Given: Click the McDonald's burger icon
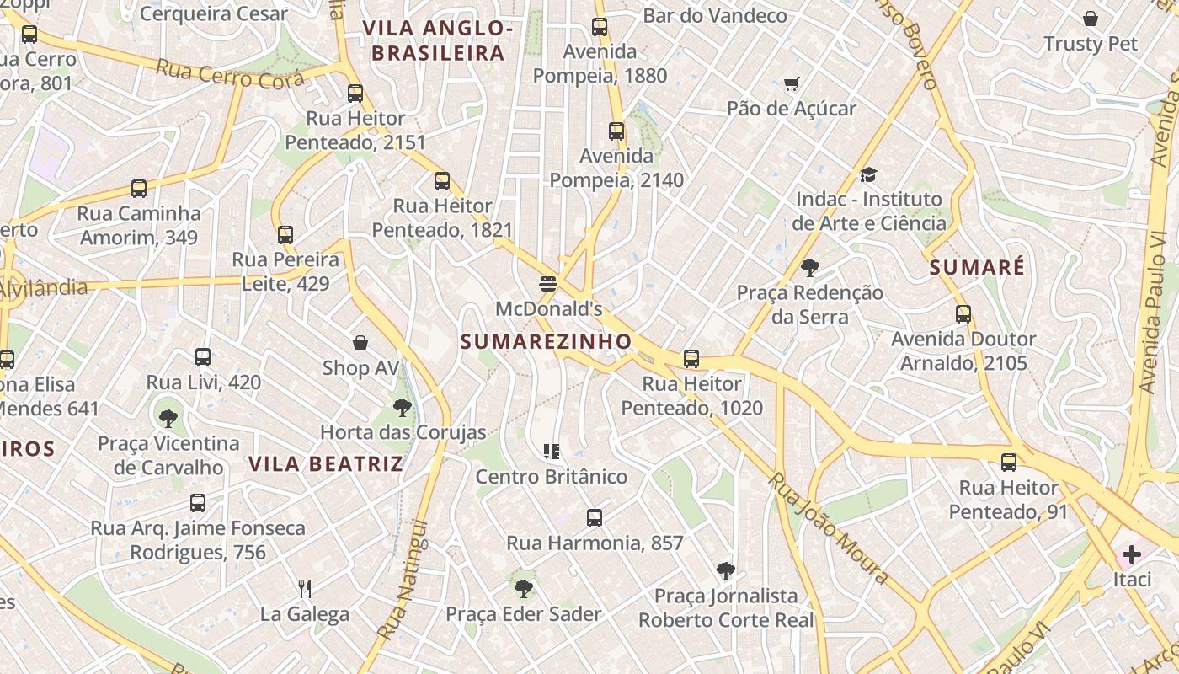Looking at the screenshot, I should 548,284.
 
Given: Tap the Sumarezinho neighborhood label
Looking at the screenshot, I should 546,341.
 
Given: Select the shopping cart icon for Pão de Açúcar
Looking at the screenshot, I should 791,83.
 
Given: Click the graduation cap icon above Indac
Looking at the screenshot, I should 868,174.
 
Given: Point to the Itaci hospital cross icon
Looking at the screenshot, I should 1131,554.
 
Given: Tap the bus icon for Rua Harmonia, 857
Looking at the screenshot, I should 595,518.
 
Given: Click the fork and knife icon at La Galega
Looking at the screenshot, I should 305,588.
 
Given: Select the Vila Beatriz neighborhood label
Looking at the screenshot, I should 326,464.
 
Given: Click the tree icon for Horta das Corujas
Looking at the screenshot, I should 403,408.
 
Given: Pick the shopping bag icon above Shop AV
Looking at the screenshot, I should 360,343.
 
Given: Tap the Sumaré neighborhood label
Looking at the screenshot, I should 977,268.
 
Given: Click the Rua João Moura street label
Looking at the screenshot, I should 829,528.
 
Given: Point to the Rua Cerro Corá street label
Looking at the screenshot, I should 217,75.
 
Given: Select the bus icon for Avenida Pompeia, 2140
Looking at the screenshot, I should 616,131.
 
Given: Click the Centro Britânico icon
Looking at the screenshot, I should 552,452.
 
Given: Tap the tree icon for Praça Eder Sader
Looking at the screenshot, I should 523,588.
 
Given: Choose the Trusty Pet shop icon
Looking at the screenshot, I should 1091,19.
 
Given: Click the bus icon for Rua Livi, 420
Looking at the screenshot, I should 203,357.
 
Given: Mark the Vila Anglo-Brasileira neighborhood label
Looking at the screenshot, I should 438,40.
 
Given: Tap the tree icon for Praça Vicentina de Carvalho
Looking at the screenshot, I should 168,418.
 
